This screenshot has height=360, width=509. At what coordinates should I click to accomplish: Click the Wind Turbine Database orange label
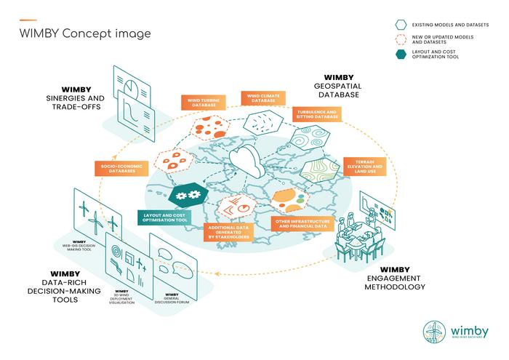coord(201,103)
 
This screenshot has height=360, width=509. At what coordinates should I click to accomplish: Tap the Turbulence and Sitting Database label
coord(317,114)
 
